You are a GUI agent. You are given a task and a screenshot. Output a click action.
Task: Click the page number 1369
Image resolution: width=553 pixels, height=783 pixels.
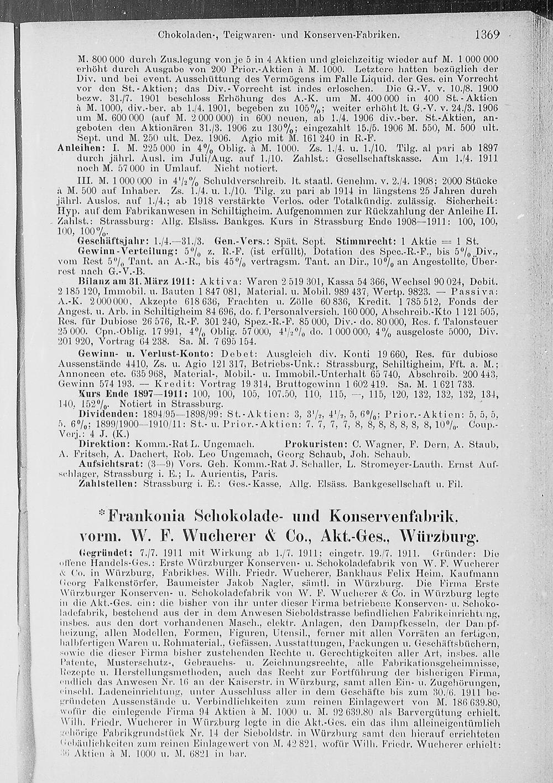click(487, 34)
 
